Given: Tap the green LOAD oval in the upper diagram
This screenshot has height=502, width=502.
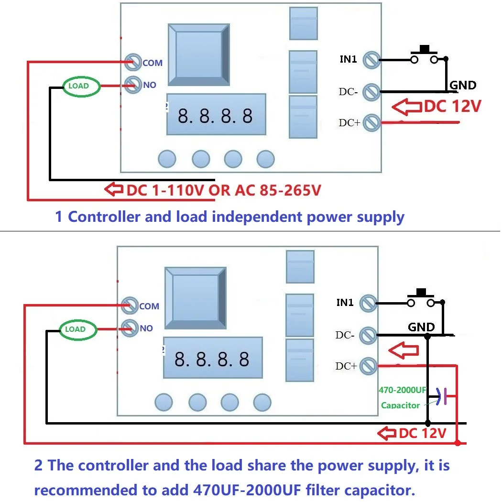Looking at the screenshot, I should point(82,86).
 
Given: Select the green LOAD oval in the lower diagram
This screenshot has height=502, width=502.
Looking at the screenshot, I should point(78,329).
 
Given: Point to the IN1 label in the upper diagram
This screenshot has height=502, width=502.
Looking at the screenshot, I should point(349,59).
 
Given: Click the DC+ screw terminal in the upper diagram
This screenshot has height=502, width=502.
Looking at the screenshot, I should point(371,123).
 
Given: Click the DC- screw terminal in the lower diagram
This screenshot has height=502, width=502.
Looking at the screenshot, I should point(368,335).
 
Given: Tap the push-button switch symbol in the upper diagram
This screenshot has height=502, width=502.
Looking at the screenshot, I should point(424,55).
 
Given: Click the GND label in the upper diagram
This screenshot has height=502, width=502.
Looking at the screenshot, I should point(463,86).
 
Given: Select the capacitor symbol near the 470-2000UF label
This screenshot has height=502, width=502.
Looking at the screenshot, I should point(442,396).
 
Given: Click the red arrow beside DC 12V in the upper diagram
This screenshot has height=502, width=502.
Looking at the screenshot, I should point(406,107).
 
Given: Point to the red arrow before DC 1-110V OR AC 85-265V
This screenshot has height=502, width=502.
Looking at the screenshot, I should point(113,190).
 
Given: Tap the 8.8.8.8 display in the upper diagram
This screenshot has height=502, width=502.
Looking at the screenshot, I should point(215,115).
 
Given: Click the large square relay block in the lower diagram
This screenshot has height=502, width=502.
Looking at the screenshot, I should point(195,297).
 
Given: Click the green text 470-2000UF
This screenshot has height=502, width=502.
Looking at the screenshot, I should point(402,390).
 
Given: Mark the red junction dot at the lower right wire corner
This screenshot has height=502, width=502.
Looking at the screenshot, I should point(458,443).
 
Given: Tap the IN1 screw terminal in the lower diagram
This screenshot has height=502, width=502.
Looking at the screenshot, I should point(368,303).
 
